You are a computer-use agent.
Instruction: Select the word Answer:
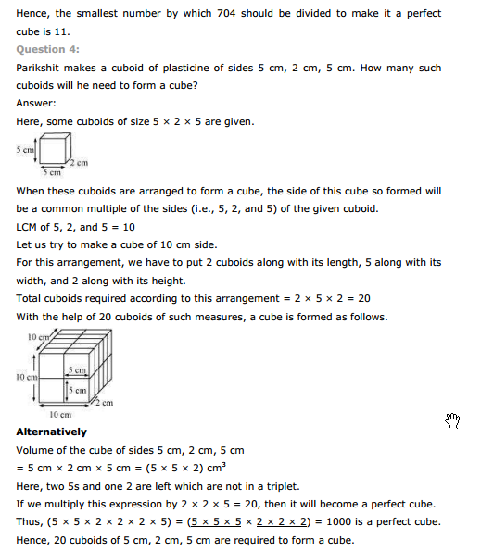click(x=37, y=103)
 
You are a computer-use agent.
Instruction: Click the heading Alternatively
click(x=52, y=432)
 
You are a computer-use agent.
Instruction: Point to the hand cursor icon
click(x=452, y=421)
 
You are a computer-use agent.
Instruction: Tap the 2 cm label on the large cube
click(x=107, y=403)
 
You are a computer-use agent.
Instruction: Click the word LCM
click(x=28, y=226)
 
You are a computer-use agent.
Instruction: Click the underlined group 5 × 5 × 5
click(x=209, y=524)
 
